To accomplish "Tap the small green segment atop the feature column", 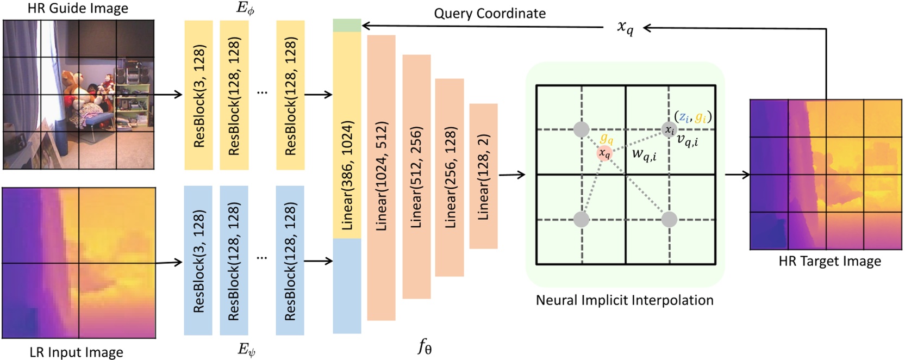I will click(347, 25).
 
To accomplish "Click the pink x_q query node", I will click(604, 153).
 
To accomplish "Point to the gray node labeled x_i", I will click(669, 130).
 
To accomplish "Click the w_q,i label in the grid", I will click(644, 155).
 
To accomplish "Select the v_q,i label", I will click(688, 140).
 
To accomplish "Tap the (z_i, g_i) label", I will click(692, 116).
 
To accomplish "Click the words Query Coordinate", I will click(489, 14).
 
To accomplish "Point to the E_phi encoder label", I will click(246, 9).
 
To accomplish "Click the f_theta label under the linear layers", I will click(425, 346).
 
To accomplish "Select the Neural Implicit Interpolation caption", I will click(625, 300).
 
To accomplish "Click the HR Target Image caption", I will click(829, 262).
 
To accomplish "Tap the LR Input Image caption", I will click(76, 352).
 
